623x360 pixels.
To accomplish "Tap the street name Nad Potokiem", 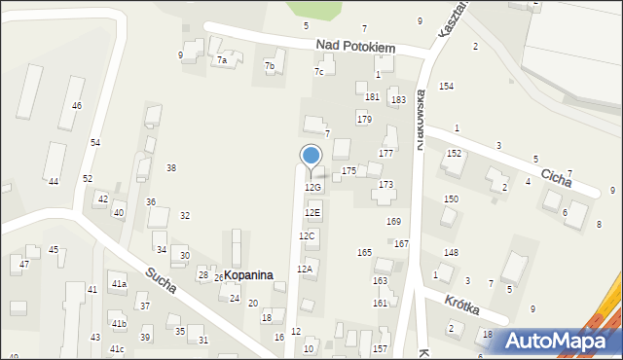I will (355, 46).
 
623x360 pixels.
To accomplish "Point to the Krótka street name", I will (465, 302).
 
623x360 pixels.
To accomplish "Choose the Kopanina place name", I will (254, 276).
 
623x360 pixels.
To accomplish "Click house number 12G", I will (312, 187).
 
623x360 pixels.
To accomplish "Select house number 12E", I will (312, 212).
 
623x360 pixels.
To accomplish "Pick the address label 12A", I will (305, 269).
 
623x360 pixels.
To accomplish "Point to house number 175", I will (348, 170).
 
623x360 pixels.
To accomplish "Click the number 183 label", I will (398, 100).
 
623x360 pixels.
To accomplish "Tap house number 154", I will (446, 87).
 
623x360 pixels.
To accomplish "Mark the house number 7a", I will (222, 60).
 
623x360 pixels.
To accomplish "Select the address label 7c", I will (318, 72).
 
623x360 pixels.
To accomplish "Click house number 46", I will (76, 105).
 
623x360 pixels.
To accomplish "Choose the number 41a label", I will (119, 284).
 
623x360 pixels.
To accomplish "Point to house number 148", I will (451, 253).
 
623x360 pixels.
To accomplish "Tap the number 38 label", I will (171, 168).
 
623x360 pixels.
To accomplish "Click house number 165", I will (364, 253).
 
